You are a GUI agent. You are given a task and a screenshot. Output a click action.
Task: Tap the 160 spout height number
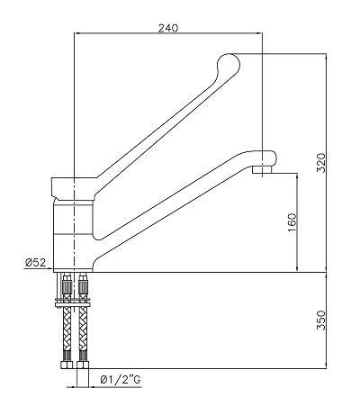(x=291, y=222)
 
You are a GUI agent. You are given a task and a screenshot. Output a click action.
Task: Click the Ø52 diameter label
(x=36, y=263)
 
